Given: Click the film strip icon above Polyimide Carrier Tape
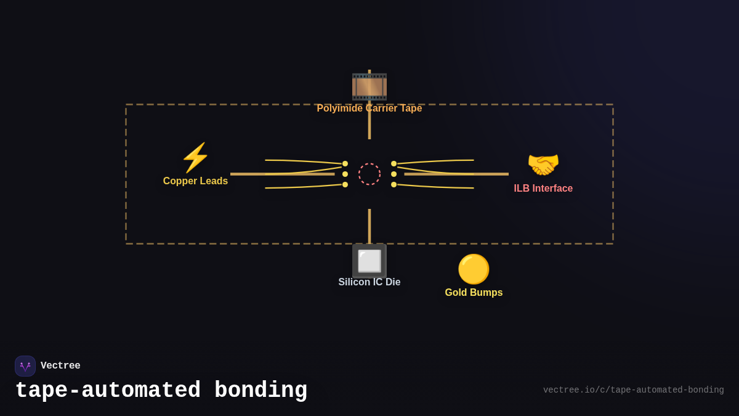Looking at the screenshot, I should [x=369, y=86].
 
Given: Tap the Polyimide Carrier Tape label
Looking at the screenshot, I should [x=369, y=108].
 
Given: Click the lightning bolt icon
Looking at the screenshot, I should [x=195, y=158].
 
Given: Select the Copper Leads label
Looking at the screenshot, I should [x=195, y=181].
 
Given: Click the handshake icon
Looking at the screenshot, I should [x=543, y=165].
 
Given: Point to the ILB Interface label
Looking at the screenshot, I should [x=543, y=189].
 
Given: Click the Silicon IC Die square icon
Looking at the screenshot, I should [x=369, y=261].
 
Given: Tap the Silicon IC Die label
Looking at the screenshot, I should [x=369, y=282].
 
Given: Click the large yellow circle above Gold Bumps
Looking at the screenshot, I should [x=474, y=269].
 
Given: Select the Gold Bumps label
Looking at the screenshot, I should [x=474, y=293].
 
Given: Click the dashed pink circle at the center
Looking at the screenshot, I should [x=369, y=174].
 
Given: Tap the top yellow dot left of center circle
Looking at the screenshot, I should [x=345, y=164].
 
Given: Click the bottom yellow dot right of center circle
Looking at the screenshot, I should [x=394, y=184].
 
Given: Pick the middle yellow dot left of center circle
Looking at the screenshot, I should [x=345, y=174].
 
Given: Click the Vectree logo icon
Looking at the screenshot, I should [x=25, y=366].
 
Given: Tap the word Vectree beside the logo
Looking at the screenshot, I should [x=60, y=366].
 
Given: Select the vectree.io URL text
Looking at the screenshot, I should [x=633, y=390].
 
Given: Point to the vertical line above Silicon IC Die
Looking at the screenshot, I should [x=369, y=226].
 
